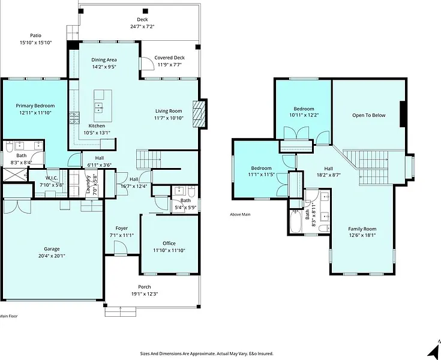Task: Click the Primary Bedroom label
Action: (x=35, y=106)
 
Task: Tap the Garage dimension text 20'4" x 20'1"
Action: (x=52, y=256)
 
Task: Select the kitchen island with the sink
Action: (x=103, y=102)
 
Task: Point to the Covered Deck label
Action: (x=169, y=58)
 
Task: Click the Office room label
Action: (x=169, y=243)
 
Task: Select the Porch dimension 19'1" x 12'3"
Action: (x=145, y=294)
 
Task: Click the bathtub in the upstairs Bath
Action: (x=295, y=221)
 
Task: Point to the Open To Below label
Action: (x=369, y=115)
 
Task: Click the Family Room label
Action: (x=362, y=229)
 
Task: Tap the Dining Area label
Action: (x=104, y=60)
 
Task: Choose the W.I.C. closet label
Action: (x=52, y=178)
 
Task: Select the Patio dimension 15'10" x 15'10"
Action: (x=36, y=43)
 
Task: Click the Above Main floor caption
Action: (x=240, y=215)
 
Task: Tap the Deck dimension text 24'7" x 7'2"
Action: (x=142, y=27)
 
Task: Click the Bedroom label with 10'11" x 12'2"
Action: (x=304, y=109)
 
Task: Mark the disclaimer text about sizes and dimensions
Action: (x=207, y=353)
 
